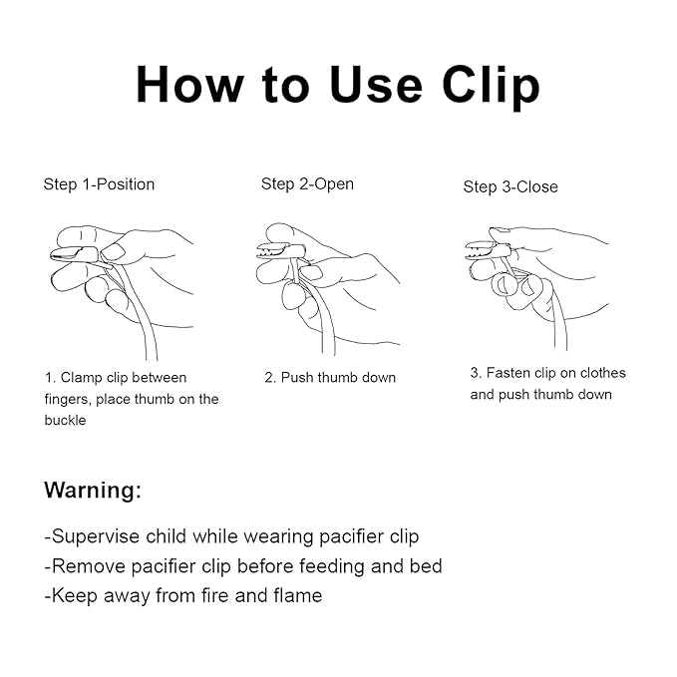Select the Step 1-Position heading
[99, 184]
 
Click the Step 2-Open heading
[307, 183]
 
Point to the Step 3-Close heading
[510, 187]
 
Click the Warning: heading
[93, 490]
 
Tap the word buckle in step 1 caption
[65, 420]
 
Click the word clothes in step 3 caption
[603, 373]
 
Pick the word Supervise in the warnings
[95, 536]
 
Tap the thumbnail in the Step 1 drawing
[114, 252]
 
